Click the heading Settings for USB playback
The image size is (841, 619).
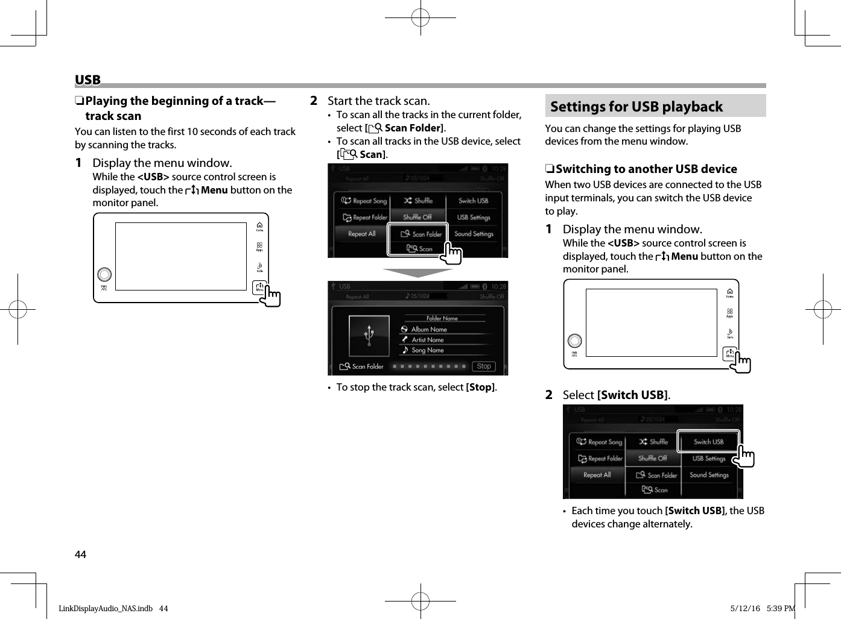click(636, 107)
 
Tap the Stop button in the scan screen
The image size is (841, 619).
click(484, 366)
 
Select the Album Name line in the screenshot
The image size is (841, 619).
click(429, 329)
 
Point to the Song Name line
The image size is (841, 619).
click(427, 350)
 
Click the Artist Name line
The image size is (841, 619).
click(427, 339)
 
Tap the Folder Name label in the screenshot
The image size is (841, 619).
click(442, 318)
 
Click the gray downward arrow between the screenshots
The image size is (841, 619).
click(417, 272)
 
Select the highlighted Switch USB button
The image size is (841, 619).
click(708, 441)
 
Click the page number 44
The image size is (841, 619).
click(80, 555)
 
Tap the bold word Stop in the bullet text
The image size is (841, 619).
click(481, 387)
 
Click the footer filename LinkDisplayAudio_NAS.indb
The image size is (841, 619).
click(106, 608)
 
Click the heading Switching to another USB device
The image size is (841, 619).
click(646, 169)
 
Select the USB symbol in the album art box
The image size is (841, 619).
click(369, 336)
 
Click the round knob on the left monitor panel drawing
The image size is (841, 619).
click(104, 274)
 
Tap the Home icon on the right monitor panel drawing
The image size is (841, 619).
click(729, 292)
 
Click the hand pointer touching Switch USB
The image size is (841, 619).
click(745, 457)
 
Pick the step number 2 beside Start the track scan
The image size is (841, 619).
click(313, 101)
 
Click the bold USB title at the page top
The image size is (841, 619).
click(87, 80)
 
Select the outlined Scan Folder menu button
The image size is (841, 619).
click(418, 234)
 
